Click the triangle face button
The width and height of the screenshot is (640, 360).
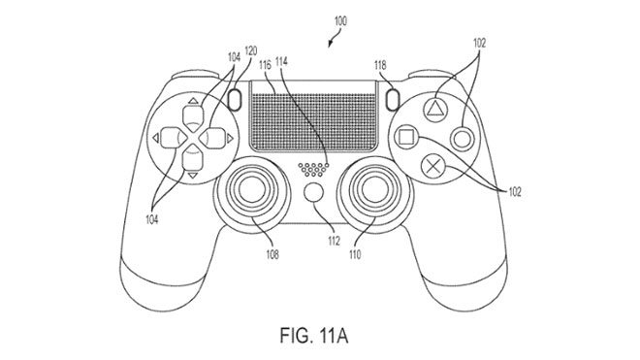pyautogui.click(x=432, y=111)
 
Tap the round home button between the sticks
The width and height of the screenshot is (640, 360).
pyautogui.click(x=314, y=192)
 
